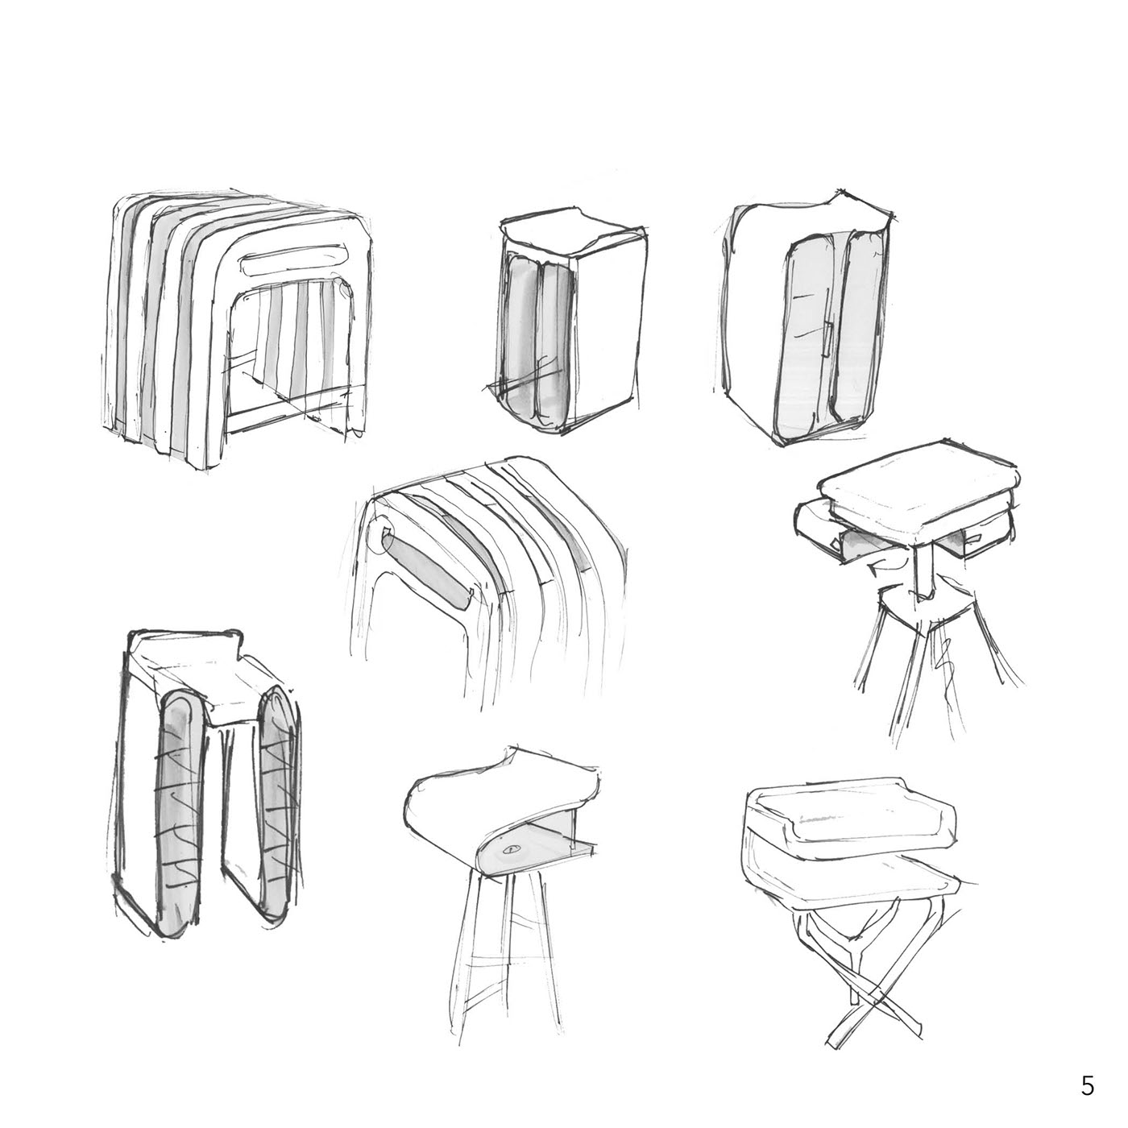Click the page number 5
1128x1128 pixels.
[1087, 1070]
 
